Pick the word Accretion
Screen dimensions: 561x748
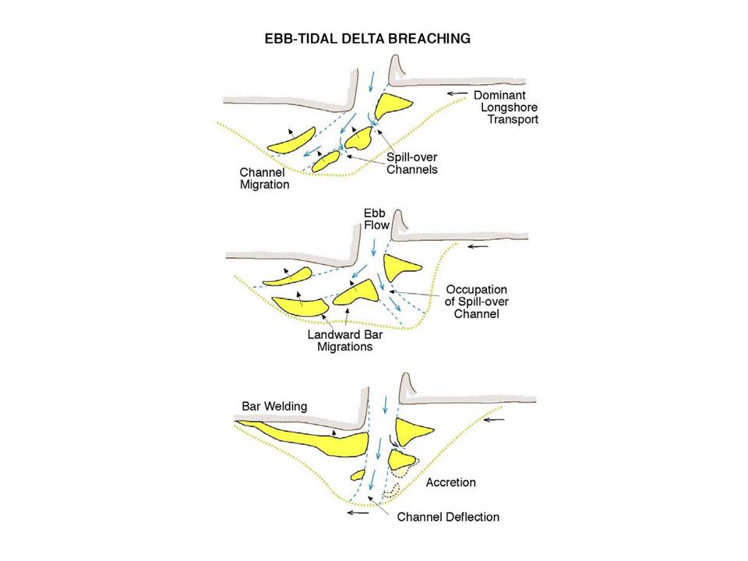(x=450, y=482)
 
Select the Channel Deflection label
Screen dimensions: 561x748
(x=448, y=517)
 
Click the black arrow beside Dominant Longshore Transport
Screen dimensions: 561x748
(x=463, y=93)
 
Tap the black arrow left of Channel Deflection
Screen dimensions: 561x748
(x=359, y=513)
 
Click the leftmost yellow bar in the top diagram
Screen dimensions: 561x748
(x=289, y=141)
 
